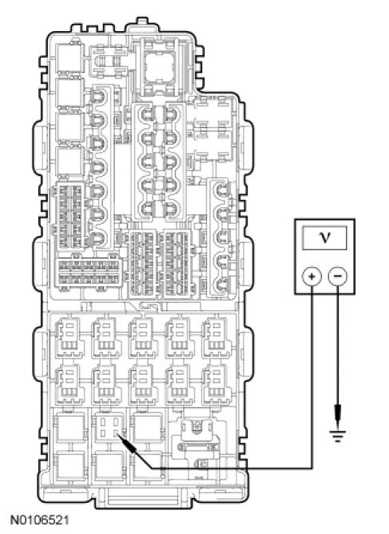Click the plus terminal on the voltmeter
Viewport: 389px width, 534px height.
tap(312, 276)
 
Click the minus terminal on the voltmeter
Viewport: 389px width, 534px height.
tap(338, 276)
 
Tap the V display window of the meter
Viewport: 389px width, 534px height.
tap(324, 237)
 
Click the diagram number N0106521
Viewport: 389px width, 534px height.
tap(40, 520)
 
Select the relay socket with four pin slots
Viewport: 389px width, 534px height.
tap(108, 427)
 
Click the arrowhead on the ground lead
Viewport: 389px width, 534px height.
tap(338, 414)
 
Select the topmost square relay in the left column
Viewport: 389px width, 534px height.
tap(70, 58)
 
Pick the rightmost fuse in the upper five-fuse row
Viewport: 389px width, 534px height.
tap(216, 337)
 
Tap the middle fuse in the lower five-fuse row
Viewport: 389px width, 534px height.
tap(143, 385)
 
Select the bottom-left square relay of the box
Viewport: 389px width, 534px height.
tap(71, 465)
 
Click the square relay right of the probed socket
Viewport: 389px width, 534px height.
tap(147, 427)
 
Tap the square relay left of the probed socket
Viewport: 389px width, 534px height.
tap(71, 427)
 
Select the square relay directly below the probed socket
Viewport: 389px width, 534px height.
tap(109, 465)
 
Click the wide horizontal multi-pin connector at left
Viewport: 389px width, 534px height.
tap(89, 273)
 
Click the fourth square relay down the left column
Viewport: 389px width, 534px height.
tap(70, 161)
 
